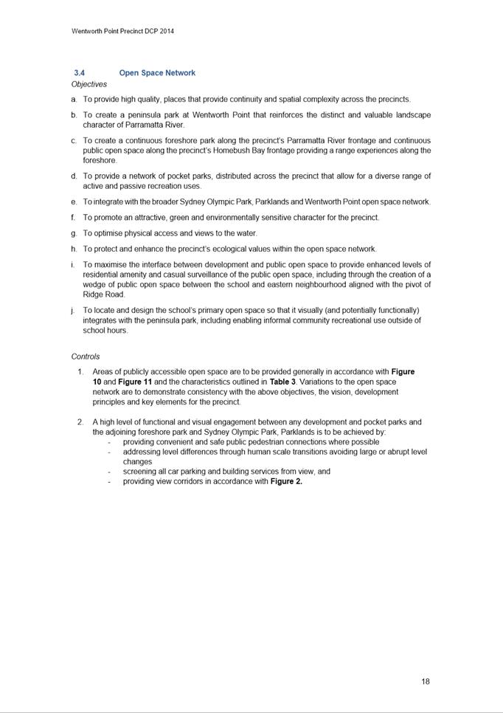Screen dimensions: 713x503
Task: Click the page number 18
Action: (426, 681)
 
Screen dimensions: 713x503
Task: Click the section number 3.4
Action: (80, 73)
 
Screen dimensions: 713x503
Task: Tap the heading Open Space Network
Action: (157, 73)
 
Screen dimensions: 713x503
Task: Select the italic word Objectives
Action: (89, 84)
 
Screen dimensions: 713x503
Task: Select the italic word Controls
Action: (86, 356)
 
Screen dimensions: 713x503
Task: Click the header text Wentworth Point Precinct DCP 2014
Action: (122, 32)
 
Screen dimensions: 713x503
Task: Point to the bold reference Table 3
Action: (282, 382)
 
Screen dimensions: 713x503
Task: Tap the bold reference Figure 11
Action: (135, 382)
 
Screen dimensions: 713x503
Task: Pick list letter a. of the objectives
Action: (74, 99)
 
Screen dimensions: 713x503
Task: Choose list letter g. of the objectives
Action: (74, 233)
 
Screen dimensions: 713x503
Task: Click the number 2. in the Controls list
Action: (80, 422)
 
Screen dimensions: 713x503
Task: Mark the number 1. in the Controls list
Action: (80, 371)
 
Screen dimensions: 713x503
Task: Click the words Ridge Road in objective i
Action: (104, 294)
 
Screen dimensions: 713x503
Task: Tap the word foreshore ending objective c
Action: (100, 160)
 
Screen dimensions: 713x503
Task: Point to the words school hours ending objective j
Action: (105, 331)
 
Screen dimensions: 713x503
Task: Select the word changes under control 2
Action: (137, 461)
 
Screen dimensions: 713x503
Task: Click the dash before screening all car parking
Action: (109, 472)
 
